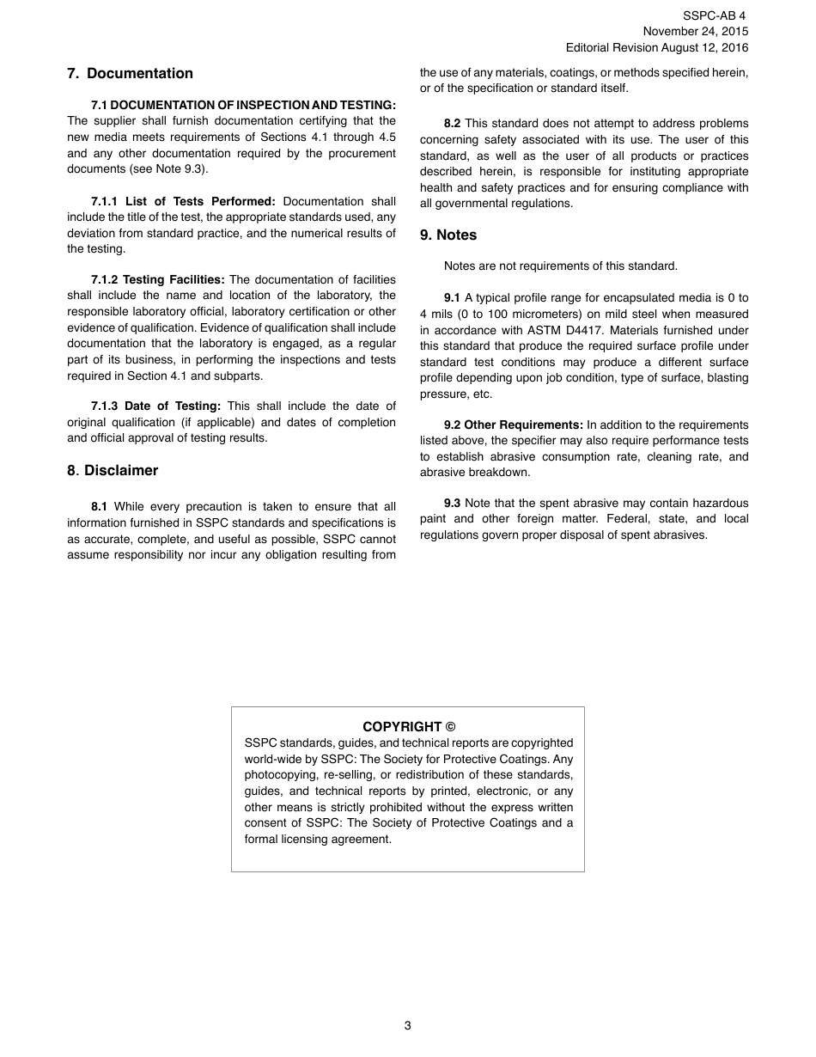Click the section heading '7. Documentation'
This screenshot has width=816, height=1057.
(130, 74)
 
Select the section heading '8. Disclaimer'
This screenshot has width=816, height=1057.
(113, 471)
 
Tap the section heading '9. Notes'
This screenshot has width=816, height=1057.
(448, 235)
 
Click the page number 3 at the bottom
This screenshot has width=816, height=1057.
(408, 1025)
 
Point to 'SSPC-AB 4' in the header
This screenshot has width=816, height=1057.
(715, 16)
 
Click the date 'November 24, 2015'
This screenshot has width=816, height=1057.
(696, 32)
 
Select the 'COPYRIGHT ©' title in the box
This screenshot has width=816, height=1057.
(409, 727)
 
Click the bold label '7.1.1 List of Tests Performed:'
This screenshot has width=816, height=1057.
(183, 202)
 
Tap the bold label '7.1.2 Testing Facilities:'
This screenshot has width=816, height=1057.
(158, 280)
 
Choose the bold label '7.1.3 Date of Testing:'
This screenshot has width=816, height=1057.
(155, 406)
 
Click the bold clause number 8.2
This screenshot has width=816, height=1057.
(452, 124)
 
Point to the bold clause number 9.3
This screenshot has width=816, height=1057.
(452, 504)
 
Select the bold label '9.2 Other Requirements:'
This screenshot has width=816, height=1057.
(514, 425)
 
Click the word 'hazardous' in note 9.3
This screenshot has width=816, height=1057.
(722, 504)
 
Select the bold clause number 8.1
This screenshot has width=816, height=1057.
(99, 507)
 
